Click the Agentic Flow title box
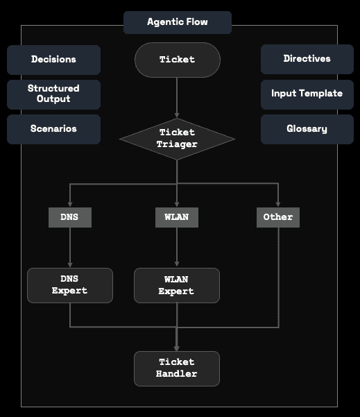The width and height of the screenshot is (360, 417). point(177,22)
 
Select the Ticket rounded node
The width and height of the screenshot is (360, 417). point(177,60)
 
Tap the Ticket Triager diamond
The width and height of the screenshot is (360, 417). point(177,138)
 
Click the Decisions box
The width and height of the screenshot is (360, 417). point(53,60)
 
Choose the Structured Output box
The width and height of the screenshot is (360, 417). point(53,94)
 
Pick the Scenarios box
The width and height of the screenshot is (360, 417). point(53,129)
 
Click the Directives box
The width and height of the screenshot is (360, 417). point(307,59)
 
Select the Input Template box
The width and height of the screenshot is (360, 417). point(307,94)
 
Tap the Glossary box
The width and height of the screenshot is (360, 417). point(307,129)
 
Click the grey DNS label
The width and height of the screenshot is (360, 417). point(69,217)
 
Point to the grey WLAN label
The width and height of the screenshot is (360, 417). point(176,217)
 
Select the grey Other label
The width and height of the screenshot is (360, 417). point(277,217)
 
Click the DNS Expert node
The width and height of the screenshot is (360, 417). point(69,285)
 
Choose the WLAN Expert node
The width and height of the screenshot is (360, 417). point(176,285)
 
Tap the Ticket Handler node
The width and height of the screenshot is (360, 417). point(176,368)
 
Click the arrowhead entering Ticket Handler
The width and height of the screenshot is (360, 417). point(176,348)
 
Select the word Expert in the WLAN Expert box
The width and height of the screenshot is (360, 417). point(176,291)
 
